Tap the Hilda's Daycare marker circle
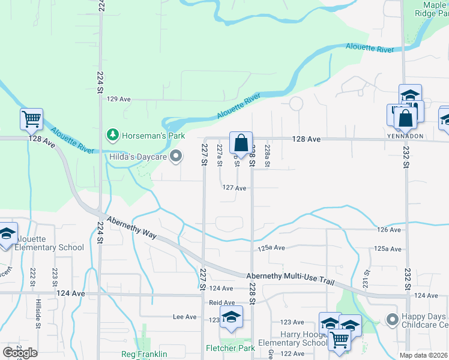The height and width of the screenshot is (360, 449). click(176, 157)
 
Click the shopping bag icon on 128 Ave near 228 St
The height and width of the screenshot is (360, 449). click(241, 143)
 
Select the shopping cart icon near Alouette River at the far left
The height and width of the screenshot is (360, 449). click(31, 118)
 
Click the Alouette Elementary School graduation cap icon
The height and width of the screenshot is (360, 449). click(7, 234)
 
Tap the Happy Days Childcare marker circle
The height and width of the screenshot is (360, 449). click(392, 319)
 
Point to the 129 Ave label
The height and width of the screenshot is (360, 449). click(118, 99)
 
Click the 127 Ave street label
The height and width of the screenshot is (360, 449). click(235, 188)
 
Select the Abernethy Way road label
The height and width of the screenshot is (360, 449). click(131, 228)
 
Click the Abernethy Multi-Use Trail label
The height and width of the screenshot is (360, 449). click(290, 280)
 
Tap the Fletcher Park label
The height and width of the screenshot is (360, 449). click(231, 348)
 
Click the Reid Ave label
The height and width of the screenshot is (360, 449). click(221, 303)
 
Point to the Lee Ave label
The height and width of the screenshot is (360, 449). click(184, 317)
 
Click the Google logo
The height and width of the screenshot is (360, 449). click(20, 353)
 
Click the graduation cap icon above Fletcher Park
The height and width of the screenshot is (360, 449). click(231, 317)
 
